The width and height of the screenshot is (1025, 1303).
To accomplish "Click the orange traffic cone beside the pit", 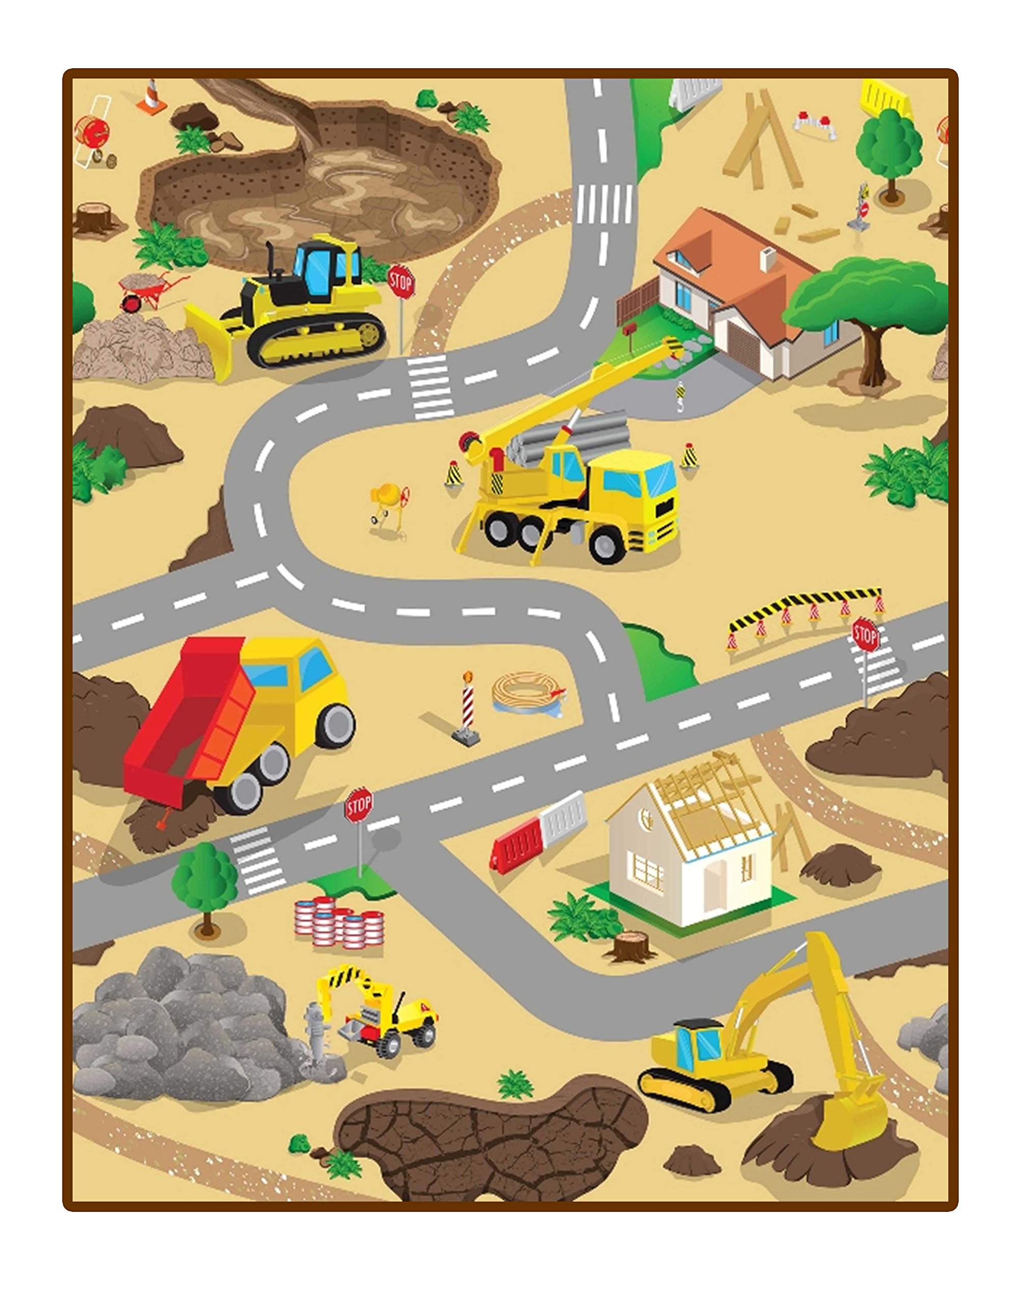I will (x=152, y=97).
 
